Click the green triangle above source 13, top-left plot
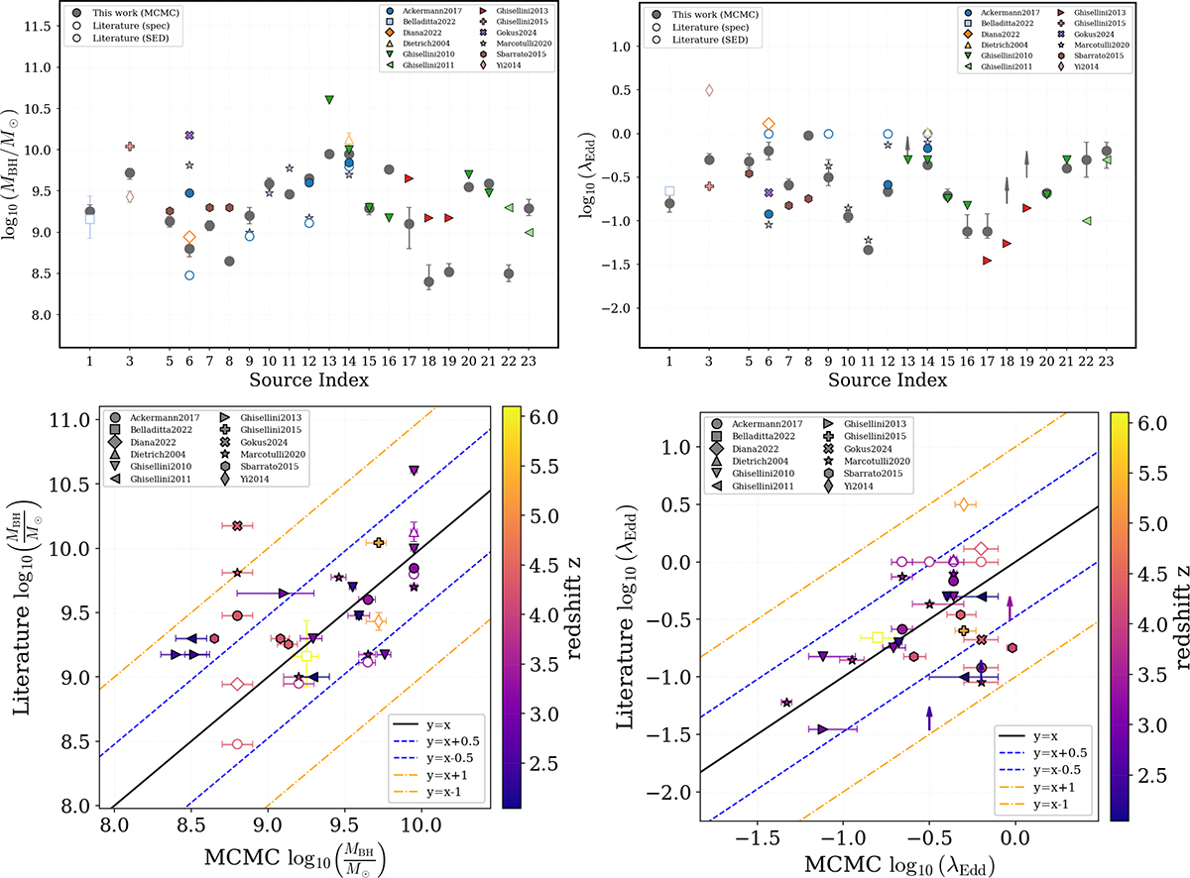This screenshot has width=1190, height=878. tap(329, 100)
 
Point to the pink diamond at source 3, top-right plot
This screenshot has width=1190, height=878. tap(709, 90)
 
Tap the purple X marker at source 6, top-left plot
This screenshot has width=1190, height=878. tap(189, 135)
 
